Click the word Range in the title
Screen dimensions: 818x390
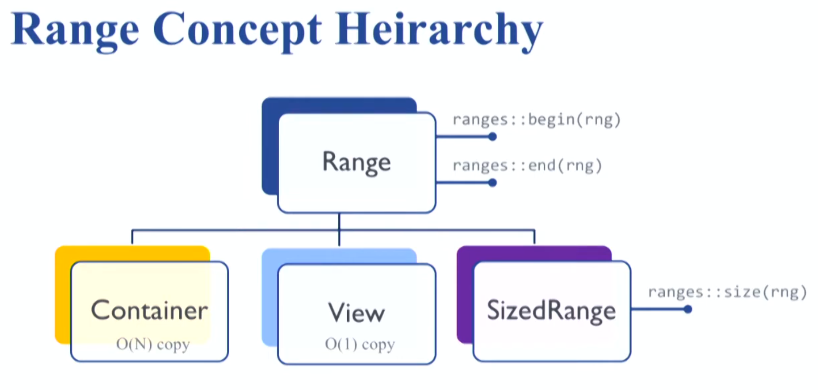tap(75, 30)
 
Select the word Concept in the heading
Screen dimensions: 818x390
tap(237, 30)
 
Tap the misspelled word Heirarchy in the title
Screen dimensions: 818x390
tap(439, 30)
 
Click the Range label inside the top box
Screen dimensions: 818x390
tap(356, 162)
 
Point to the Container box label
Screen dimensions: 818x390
tap(149, 310)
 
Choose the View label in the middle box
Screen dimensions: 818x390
tap(356, 313)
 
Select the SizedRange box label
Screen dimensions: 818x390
tap(551, 310)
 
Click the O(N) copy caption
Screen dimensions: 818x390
tap(153, 344)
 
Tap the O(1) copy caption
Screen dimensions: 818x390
tap(360, 344)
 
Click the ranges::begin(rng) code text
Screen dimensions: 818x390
tap(537, 120)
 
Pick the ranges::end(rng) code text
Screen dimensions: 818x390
tap(527, 166)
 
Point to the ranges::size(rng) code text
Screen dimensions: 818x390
tap(727, 292)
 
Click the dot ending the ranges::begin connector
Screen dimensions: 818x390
tap(492, 137)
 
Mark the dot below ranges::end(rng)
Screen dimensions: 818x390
tap(492, 183)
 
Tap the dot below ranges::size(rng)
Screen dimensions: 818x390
tap(688, 309)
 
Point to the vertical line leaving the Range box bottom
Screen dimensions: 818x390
tap(339, 229)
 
